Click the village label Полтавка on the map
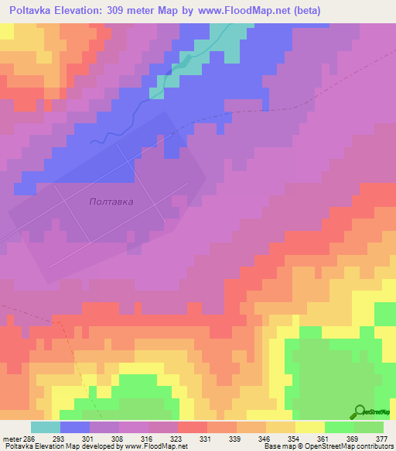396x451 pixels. click(111, 201)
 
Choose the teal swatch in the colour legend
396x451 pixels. click(45, 428)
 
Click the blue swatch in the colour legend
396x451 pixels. click(74, 428)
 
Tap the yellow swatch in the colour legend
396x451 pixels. click(309, 428)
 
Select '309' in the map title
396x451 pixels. click(136, 11)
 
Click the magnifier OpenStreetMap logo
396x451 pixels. click(360, 411)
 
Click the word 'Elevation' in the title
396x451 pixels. click(89, 11)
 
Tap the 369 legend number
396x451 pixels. click(353, 439)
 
